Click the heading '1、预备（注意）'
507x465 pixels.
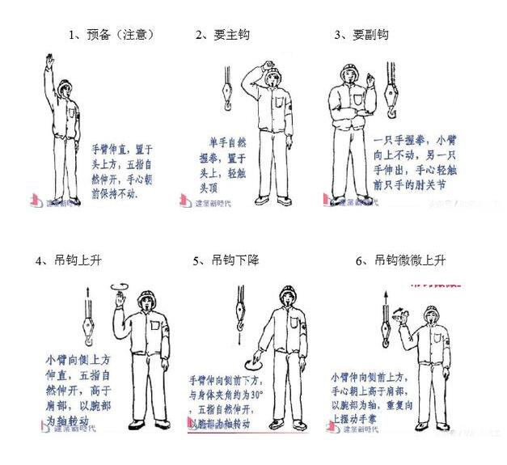pyautogui.click(x=111, y=35)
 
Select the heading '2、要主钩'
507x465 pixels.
pyautogui.click(x=222, y=35)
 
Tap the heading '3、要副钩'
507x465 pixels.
pyautogui.click(x=361, y=35)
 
